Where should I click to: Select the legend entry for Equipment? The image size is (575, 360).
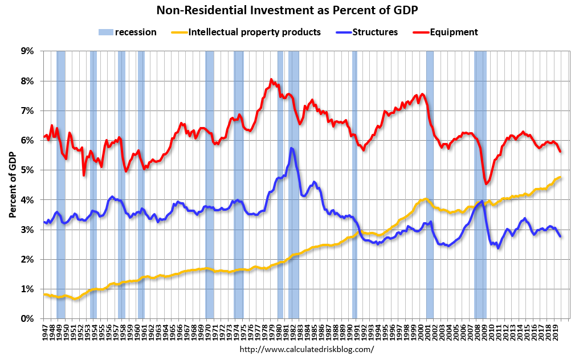454,32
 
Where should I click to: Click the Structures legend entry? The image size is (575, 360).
374,32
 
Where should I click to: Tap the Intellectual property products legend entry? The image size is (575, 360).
254,32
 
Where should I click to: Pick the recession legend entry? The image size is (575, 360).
135,32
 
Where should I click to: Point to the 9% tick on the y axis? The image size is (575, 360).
27,51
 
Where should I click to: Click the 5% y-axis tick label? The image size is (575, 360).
27,170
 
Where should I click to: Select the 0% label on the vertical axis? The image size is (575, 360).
27,318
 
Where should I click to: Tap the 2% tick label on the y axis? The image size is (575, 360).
27,259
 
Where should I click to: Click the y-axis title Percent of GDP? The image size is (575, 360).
12,185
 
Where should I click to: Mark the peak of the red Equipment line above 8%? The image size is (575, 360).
271,79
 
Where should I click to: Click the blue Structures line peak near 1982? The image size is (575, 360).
292,148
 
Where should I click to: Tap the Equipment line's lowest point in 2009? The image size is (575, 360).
486,183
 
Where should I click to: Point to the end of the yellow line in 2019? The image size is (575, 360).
561,178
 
